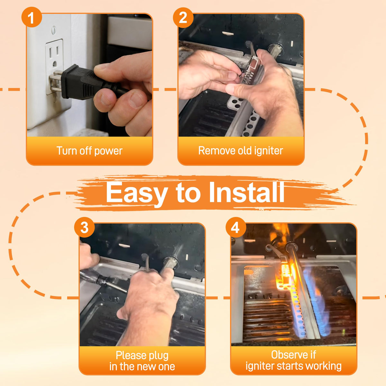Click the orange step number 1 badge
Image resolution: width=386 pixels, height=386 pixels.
[32, 17]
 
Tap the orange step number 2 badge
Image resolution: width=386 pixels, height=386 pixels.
[183, 17]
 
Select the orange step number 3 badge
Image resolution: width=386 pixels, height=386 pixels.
[84, 227]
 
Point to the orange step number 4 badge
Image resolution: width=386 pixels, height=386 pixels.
[235, 227]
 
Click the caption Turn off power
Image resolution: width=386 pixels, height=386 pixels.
[89, 151]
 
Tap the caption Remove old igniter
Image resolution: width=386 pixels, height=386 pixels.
[241, 151]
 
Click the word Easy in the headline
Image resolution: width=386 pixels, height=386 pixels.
[137, 193]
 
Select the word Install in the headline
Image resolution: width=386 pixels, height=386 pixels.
[247, 192]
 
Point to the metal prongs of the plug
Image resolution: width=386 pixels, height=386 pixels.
[55, 81]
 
